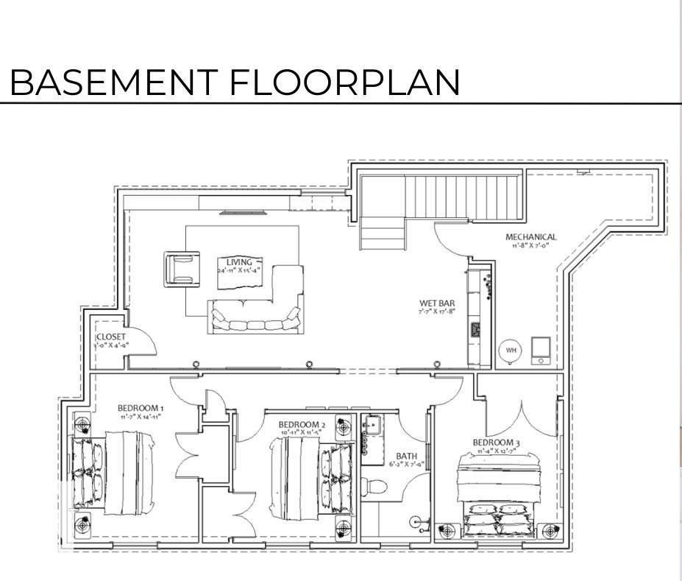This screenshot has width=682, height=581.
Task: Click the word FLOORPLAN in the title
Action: click(x=344, y=82)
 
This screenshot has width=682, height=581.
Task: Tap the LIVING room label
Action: click(x=238, y=262)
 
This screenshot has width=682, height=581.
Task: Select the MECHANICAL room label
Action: click(x=530, y=237)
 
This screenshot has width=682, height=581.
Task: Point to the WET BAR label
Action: click(x=437, y=303)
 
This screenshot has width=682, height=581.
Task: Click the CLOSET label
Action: click(x=111, y=337)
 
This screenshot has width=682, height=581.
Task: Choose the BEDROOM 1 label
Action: click(x=141, y=408)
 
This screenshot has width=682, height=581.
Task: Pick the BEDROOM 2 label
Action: click(x=302, y=425)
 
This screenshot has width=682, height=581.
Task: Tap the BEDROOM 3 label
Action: click(x=497, y=443)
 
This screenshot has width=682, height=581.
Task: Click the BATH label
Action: click(x=406, y=457)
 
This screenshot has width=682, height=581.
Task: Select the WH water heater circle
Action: click(x=510, y=351)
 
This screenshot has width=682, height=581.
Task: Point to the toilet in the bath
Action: click(x=376, y=487)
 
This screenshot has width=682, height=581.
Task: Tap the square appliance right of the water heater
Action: click(x=541, y=351)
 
